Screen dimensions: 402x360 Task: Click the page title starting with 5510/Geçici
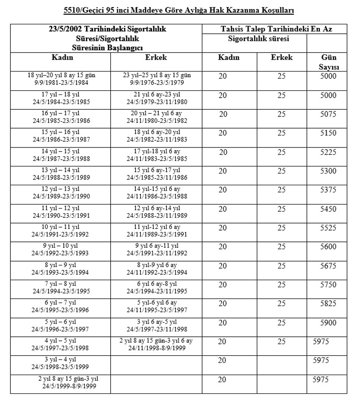(180, 9)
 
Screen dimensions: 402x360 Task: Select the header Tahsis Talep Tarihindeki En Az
(276, 29)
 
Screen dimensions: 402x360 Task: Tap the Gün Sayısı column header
(328, 62)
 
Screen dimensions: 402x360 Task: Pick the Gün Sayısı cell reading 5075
(328, 114)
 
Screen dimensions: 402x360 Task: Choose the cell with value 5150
(328, 133)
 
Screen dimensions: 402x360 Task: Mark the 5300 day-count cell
(328, 171)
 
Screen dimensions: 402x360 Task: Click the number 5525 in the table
(328, 228)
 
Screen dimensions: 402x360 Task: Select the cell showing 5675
(328, 266)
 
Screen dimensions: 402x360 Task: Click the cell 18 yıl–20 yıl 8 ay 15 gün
(61, 76)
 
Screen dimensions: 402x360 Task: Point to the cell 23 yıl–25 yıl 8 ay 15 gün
(157, 76)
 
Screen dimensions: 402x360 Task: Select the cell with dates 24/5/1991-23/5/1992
(61, 234)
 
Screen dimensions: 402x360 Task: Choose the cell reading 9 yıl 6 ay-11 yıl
(157, 246)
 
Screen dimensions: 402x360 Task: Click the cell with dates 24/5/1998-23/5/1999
(61, 366)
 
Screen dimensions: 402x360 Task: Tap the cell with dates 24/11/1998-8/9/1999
(157, 348)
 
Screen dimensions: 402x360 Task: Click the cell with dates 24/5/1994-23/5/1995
(61, 291)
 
